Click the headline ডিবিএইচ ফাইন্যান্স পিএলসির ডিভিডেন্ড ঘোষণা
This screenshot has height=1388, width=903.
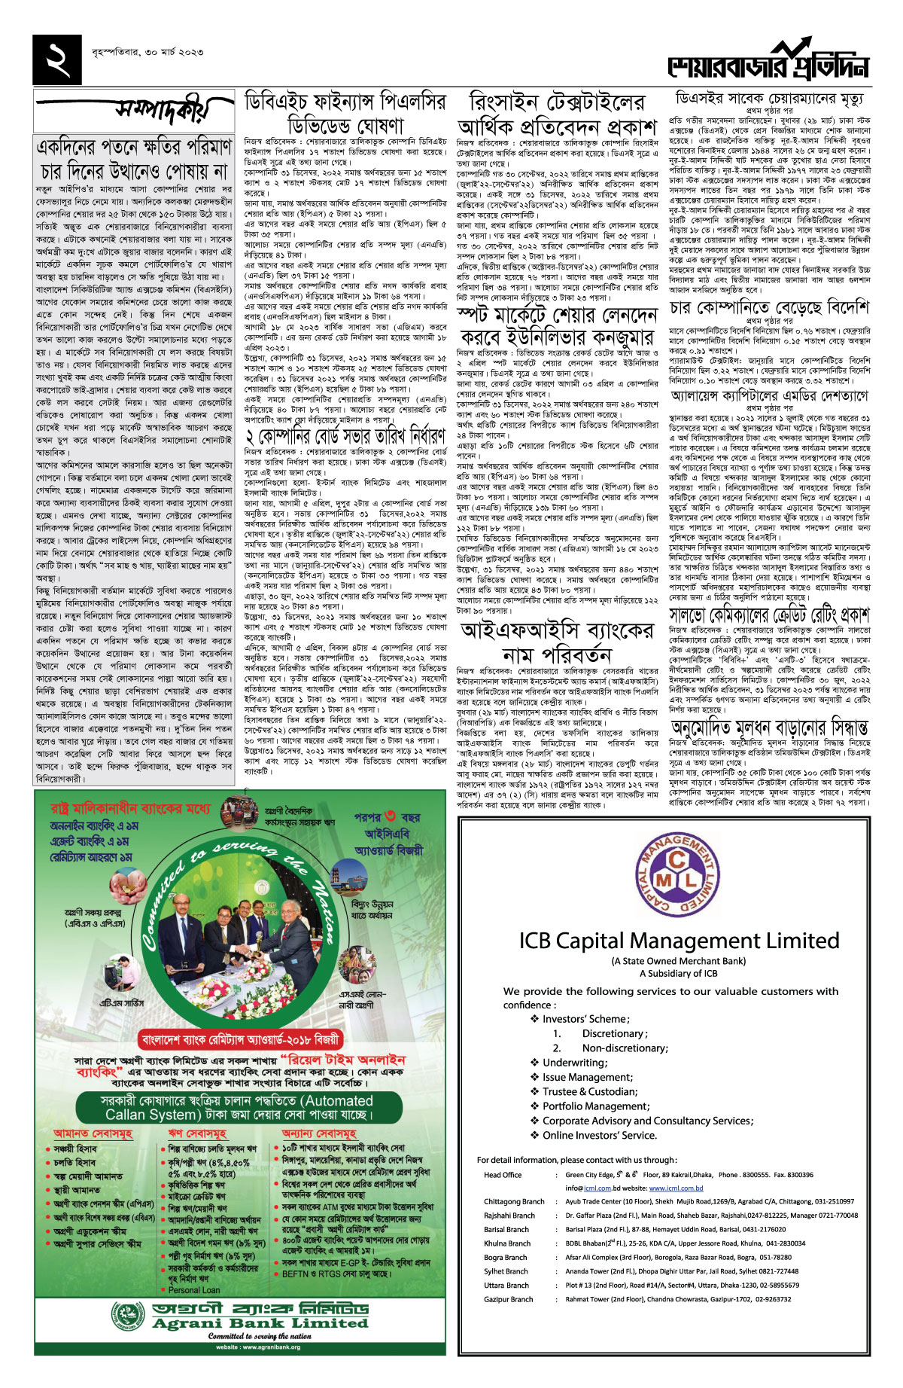345,113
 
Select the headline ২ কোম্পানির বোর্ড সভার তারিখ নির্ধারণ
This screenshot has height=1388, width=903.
345,435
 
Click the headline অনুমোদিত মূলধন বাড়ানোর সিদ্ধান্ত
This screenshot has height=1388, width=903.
769,727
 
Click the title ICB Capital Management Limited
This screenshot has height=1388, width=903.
679,941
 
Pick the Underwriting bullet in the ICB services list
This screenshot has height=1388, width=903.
574,1063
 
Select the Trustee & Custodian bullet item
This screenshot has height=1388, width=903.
589,1091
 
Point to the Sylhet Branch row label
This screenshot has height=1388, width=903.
506,1271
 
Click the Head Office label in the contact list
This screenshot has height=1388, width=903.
503,1175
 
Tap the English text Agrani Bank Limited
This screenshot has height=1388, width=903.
260,1322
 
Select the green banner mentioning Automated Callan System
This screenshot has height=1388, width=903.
239,1107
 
